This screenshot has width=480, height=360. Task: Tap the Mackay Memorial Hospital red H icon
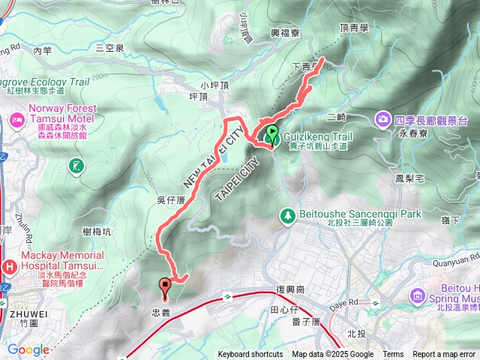9,266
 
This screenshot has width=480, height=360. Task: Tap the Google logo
28,349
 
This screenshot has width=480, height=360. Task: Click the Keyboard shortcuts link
250,355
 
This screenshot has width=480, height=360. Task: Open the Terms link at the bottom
393,355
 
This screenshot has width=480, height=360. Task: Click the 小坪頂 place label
214,85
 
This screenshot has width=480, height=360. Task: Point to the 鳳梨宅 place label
409,178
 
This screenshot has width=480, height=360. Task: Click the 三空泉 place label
109,47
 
